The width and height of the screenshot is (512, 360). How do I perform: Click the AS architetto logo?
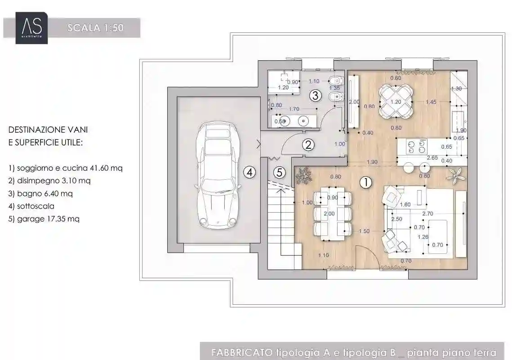coord(31,28)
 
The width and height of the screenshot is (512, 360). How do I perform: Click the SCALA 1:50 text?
coord(95,28)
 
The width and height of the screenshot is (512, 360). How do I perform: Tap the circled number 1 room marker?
coord(366,182)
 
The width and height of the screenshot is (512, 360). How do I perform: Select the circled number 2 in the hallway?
coord(307,145)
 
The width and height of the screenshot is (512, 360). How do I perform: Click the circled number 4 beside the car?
coord(250,172)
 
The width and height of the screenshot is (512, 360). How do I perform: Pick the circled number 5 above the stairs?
coord(280,172)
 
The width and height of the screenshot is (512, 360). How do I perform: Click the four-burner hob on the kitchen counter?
coord(416,147)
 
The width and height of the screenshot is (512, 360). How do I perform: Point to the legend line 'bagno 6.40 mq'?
coord(40,194)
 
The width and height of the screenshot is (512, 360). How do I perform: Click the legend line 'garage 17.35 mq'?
coord(44,219)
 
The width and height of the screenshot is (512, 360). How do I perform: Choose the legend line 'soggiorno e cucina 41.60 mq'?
coord(66,168)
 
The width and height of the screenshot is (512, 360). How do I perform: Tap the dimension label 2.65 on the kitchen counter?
coord(432,158)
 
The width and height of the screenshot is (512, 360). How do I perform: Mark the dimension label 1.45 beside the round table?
coord(431,102)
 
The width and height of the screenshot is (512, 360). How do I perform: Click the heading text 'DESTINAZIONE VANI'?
coord(48,130)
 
